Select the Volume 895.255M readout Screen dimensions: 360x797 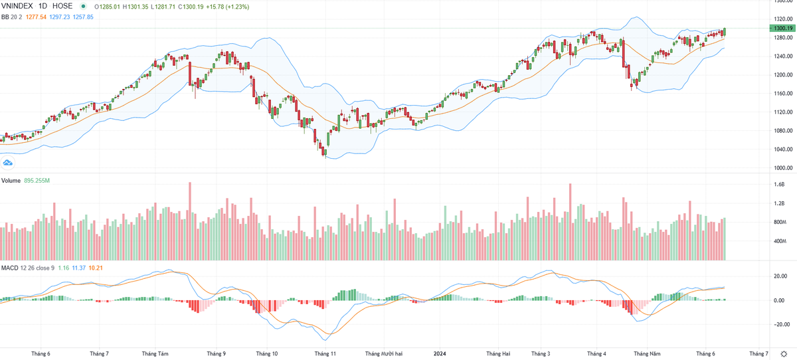(x=37, y=181)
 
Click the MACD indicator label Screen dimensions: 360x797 (x=9, y=268)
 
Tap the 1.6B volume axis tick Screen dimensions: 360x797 (x=779, y=185)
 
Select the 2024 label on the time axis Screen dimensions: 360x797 (x=440, y=354)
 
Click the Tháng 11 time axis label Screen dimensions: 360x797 (x=325, y=354)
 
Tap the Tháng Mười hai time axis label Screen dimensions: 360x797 (x=384, y=354)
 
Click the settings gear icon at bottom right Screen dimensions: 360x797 (x=783, y=354)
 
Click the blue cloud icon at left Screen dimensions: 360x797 (x=9, y=162)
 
